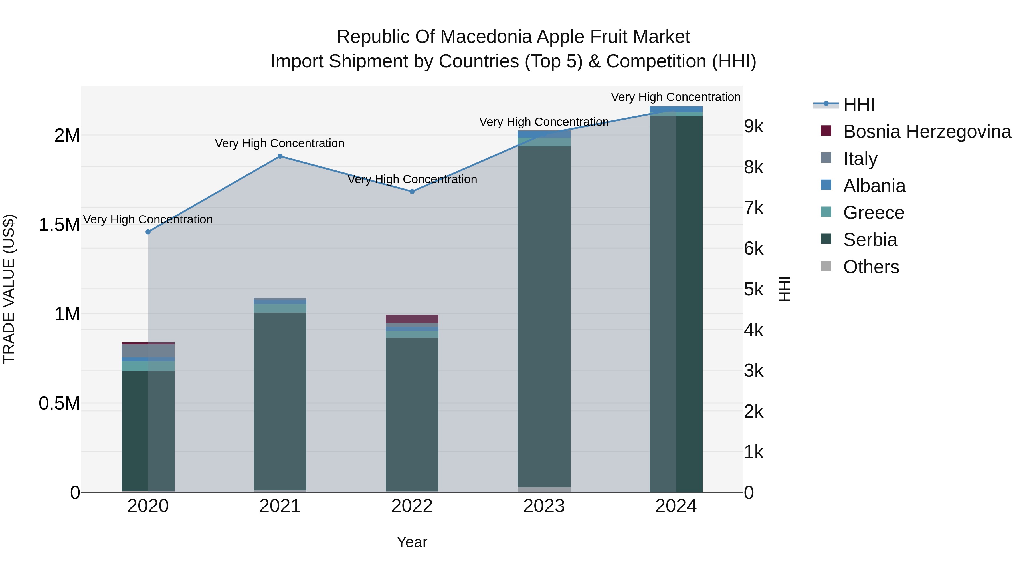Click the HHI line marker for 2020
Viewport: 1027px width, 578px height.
148,232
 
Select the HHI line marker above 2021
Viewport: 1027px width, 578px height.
280,156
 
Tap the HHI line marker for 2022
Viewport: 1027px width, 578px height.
412,192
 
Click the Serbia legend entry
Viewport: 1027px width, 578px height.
870,240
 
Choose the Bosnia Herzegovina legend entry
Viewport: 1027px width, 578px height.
927,132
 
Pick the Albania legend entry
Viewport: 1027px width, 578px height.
874,186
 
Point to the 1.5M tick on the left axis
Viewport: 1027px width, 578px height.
59,225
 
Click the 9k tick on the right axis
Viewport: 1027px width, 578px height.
753,126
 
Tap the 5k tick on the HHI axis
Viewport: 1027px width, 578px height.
753,290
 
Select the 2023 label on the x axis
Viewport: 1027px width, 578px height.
544,506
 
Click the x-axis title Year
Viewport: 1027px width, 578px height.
412,542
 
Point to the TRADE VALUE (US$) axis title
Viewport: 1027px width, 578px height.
9,289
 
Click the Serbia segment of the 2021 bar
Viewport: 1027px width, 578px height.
280,399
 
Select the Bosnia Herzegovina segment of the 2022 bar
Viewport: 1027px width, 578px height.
412,319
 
